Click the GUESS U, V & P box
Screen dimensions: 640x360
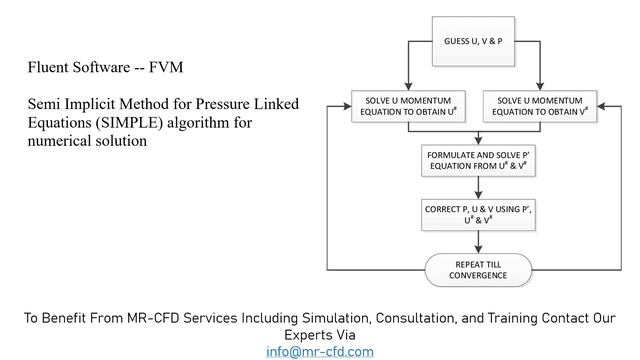pos(473,41)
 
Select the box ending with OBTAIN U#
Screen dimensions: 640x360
pos(408,106)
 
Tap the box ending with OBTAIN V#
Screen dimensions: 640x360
pos(540,106)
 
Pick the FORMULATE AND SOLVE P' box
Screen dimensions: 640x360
pos(478,160)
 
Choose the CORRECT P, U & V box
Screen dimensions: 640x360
pos(478,215)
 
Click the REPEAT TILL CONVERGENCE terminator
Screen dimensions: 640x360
pos(478,270)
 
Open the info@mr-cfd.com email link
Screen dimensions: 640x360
pos(320,352)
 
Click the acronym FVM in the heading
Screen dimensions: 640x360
pos(166,67)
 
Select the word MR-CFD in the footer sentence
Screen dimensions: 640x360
pos(153,318)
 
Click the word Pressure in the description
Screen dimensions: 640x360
pos(222,104)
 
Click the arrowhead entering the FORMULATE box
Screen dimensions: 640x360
pos(478,141)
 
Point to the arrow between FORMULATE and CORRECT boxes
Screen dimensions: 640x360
pos(478,188)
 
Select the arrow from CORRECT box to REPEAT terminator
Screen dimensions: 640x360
pos(478,242)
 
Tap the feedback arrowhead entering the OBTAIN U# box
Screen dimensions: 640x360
pos(347,106)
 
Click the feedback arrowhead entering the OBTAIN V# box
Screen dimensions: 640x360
pos(601,106)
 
